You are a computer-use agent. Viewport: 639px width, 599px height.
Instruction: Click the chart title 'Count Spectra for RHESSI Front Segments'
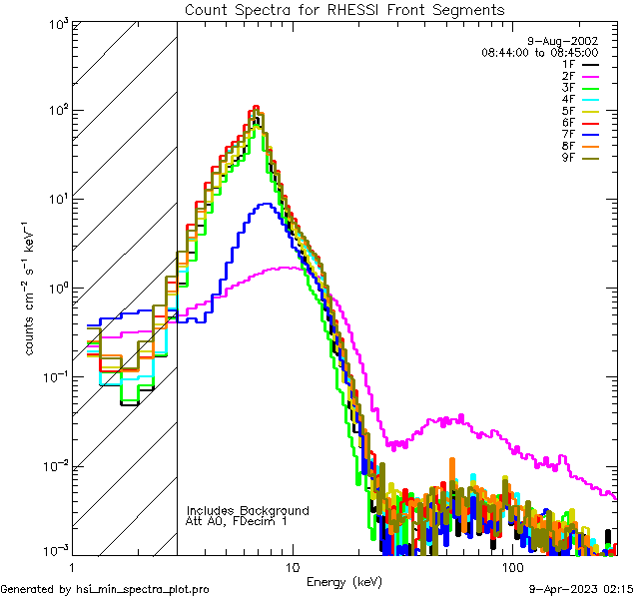click(344, 10)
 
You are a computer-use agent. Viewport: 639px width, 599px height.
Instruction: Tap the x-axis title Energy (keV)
click(343, 582)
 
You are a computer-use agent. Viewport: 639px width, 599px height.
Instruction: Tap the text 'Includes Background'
click(248, 510)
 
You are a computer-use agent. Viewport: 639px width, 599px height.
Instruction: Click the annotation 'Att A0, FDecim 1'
click(237, 521)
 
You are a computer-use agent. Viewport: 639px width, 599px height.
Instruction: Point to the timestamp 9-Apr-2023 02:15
click(579, 589)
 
